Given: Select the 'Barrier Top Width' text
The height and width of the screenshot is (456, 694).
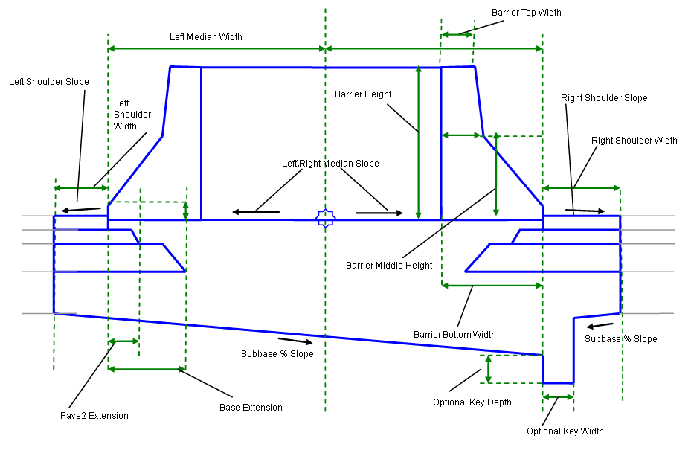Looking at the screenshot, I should (x=527, y=13).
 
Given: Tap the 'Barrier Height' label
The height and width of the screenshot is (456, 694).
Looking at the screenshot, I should (x=363, y=94).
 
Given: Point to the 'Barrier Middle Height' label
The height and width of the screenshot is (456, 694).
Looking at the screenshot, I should (x=389, y=266).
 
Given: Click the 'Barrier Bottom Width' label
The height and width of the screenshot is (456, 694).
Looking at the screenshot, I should (x=454, y=335).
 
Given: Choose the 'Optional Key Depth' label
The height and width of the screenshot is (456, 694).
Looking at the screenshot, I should (x=472, y=402).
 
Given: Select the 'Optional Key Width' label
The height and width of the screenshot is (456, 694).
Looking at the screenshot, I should (x=565, y=431).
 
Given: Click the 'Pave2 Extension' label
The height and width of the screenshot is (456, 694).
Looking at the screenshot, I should (x=94, y=415).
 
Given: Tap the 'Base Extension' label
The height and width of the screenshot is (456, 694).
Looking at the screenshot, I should (x=251, y=407).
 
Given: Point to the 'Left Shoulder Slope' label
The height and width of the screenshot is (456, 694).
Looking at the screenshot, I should (x=49, y=82).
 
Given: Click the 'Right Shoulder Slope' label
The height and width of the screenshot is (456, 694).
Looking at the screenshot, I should (x=604, y=98).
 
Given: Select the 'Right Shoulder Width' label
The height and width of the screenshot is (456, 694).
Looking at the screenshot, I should (x=634, y=141).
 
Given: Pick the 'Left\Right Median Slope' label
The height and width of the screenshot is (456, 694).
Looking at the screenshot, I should (x=330, y=164).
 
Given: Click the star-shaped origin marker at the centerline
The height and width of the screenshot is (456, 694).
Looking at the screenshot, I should (x=325, y=219).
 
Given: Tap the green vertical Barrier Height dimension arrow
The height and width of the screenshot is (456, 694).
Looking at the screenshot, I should (x=419, y=141).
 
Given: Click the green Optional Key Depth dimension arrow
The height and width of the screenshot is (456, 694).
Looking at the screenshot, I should (x=489, y=369).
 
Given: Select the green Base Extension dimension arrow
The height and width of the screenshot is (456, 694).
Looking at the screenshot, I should (x=147, y=369).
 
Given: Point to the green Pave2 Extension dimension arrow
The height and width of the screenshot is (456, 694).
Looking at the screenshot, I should (x=123, y=341).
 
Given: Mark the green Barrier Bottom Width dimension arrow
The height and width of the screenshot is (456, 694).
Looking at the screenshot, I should (x=492, y=285).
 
